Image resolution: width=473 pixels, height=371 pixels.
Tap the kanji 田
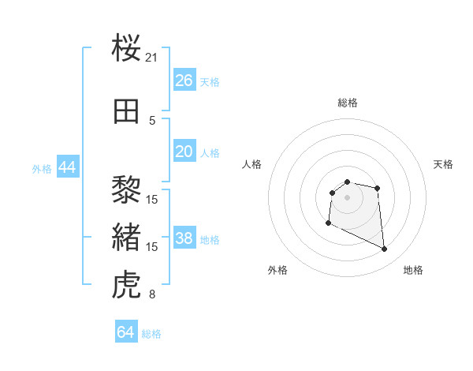(127, 111)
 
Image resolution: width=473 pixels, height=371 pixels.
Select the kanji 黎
(127, 189)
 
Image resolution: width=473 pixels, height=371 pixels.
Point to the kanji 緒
(127, 237)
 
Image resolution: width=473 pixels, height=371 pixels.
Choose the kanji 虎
(127, 284)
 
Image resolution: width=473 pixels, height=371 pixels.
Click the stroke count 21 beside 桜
(152, 58)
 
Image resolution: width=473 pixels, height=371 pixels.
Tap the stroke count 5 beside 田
(152, 121)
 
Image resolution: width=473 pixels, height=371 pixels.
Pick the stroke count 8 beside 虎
(152, 295)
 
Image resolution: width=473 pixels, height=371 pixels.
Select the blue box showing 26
(184, 81)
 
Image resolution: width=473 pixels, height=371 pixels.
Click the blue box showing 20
(184, 152)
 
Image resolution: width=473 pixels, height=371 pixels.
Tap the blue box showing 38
(184, 239)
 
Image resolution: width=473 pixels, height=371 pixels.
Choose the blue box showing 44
(67, 167)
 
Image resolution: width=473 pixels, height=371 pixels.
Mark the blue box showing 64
(126, 332)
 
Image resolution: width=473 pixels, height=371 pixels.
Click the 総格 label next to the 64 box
(151, 334)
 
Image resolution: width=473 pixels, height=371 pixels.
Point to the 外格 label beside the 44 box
(42, 169)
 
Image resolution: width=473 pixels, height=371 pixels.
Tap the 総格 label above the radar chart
(347, 103)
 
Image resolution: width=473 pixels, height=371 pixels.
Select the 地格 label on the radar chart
(413, 271)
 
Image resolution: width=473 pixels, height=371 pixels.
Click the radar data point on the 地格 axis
(385, 249)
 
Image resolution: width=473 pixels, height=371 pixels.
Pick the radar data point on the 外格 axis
(328, 223)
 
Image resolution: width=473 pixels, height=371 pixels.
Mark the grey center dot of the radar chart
(347, 197)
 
